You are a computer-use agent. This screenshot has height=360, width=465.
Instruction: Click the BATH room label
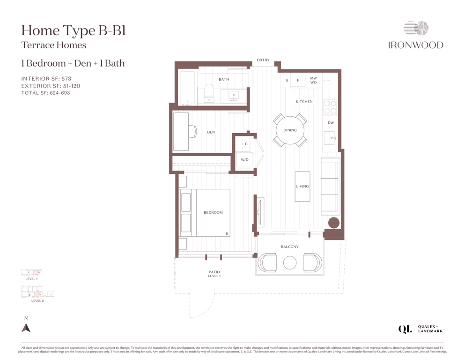224,79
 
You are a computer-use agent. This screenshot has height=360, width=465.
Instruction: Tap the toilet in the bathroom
209,93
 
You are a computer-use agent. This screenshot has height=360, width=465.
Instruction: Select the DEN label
211,132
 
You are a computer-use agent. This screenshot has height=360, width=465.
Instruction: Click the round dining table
290,130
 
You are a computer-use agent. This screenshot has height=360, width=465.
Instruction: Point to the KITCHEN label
304,102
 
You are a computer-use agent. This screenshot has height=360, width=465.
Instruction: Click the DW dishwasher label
331,122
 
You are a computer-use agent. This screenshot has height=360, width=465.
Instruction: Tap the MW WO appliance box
313,80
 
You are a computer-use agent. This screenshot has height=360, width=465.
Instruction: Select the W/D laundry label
244,160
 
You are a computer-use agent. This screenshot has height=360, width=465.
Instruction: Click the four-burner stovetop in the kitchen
330,107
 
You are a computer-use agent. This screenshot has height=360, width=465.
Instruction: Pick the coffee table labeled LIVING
303,187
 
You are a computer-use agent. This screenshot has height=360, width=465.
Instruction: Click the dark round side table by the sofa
333,223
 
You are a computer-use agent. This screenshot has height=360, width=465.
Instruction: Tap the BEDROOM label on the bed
213,212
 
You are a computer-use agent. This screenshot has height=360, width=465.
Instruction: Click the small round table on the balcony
290,262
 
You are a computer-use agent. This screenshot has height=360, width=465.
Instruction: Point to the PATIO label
214,272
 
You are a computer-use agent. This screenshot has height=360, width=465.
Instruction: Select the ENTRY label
263,60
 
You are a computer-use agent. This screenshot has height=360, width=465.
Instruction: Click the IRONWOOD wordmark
415,45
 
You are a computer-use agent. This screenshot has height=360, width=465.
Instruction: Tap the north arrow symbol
26,328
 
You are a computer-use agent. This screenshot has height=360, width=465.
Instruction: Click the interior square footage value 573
66,79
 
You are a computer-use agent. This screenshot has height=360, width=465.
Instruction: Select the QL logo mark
405,329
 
